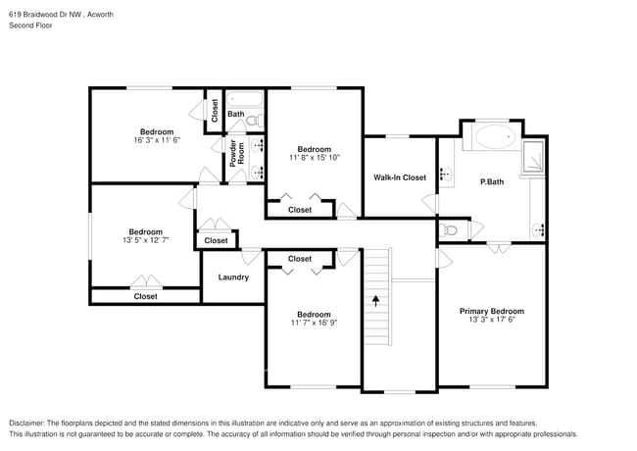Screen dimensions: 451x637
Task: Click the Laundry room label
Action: coord(233,277)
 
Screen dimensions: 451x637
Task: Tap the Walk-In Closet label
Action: coord(400,177)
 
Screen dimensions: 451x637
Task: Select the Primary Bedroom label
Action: coord(492,312)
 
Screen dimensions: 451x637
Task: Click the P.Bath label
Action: coord(490,182)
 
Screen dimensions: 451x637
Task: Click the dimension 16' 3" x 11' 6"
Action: coord(157,141)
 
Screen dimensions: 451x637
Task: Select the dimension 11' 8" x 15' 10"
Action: coord(315,158)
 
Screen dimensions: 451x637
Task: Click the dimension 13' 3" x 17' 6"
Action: coord(492,321)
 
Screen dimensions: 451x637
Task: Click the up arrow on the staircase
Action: coord(376,299)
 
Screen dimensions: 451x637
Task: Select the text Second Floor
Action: coord(30,25)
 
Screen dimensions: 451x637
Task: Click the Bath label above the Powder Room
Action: coord(236,115)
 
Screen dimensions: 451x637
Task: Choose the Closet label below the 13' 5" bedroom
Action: coord(145,296)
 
